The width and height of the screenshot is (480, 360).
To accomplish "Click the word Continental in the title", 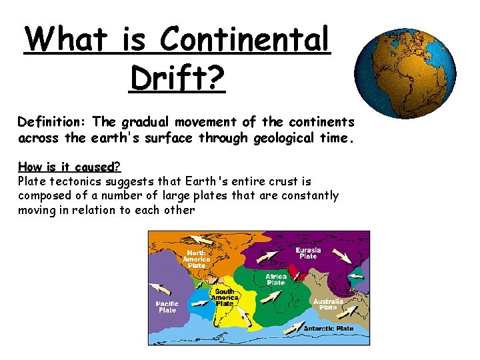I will [245, 40].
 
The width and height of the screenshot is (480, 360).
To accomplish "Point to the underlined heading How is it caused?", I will [69, 167].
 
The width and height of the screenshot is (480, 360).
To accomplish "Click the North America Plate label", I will [196, 259].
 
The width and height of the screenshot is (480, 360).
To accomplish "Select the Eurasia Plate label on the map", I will [307, 253].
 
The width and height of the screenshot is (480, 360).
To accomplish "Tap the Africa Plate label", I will [276, 279].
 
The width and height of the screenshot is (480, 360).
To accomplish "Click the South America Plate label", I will [225, 297].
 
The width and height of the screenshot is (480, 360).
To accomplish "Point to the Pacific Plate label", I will [167, 307].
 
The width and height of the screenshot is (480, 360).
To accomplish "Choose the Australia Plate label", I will [328, 304].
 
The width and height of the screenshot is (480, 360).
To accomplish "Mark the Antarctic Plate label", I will [329, 328].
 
